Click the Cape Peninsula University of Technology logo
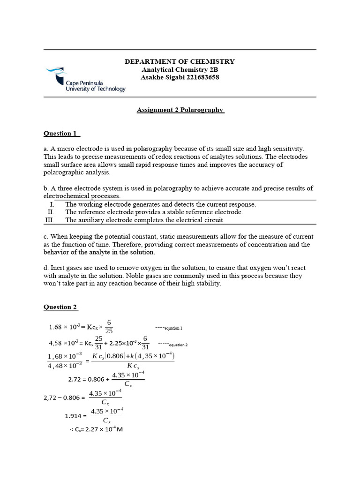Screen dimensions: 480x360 click(x=85, y=80)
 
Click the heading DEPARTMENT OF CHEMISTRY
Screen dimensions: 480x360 click(x=180, y=61)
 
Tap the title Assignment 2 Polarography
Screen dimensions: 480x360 click(x=180, y=110)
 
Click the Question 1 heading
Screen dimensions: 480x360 click(x=60, y=134)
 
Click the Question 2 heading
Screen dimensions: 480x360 click(x=60, y=307)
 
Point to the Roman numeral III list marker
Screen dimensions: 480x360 click(x=50, y=220)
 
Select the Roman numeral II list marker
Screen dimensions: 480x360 click(x=51, y=212)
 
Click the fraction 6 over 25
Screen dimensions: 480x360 click(x=109, y=327)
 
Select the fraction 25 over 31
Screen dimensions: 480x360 click(x=98, y=343)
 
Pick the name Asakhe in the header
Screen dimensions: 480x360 click(x=152, y=77)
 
